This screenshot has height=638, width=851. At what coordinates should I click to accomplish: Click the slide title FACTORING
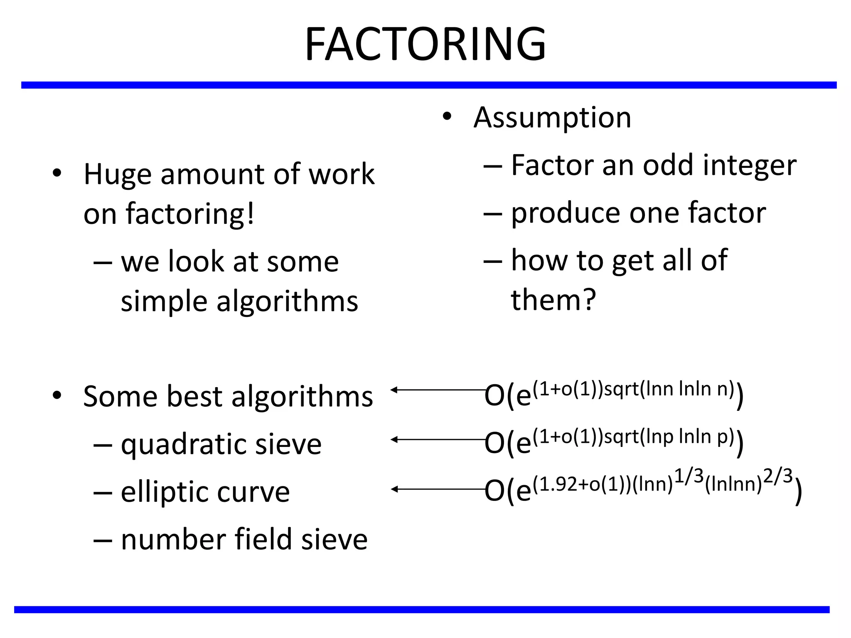tap(425, 44)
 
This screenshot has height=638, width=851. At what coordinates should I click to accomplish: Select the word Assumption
tap(552, 118)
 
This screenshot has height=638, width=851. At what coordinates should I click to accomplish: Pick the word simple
tap(164, 302)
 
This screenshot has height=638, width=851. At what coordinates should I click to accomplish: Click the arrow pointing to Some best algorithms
tap(438, 390)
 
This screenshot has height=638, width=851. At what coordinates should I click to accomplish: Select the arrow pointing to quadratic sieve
tap(438, 439)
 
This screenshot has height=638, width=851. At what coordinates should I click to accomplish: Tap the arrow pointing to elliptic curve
tap(438, 489)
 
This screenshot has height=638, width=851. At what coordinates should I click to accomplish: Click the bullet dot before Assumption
tap(447, 117)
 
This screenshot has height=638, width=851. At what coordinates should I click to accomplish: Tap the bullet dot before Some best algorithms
tap(57, 395)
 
